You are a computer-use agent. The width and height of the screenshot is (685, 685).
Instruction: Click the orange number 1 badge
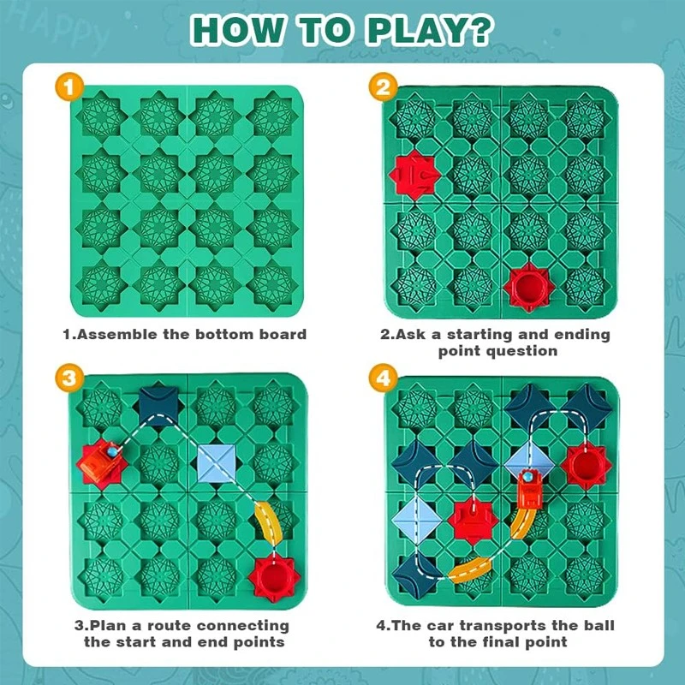pos(69,87)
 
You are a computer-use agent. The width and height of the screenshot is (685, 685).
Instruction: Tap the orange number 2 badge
pos(383,86)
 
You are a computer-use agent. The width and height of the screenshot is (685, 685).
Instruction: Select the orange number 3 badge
pos(69,378)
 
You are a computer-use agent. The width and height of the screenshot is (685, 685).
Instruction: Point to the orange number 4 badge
pos(383,378)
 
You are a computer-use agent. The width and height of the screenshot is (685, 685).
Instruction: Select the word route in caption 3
pos(170,626)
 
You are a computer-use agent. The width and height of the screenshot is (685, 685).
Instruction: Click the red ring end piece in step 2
pos(529,287)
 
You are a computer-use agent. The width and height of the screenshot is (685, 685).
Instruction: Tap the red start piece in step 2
pos(414,176)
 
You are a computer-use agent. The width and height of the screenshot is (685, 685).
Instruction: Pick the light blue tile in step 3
pos(217,463)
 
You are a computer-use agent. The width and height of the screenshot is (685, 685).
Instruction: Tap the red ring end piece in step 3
pos(274,578)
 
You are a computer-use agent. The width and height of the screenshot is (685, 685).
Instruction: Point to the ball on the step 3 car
pos(112,451)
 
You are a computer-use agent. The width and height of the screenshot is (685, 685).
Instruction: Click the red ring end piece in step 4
pos(586,466)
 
